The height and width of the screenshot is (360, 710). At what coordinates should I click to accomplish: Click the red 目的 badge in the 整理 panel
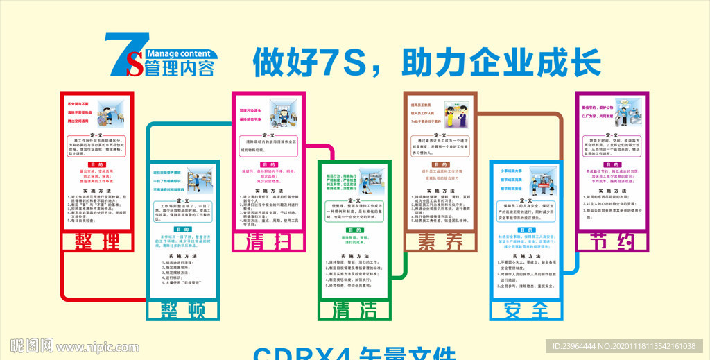[94, 164]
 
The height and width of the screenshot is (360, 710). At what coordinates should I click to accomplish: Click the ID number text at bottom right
[627, 345]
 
